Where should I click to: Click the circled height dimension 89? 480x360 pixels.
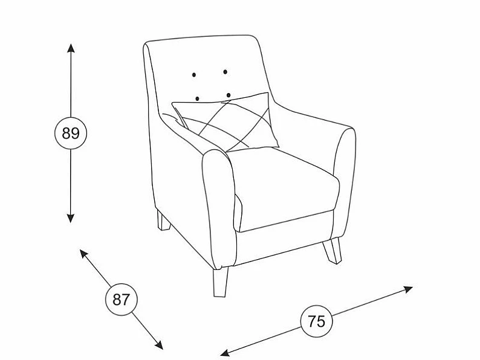(71, 133)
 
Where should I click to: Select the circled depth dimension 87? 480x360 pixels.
(122, 300)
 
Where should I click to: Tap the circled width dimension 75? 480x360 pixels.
(317, 321)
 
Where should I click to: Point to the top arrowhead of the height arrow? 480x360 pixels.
(71, 48)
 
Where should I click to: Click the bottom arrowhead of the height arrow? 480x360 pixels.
(71, 218)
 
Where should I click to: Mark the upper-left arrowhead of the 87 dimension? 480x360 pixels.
(83, 253)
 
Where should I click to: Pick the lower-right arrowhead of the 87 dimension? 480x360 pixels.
(159, 345)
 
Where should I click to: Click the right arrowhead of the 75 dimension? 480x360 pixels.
(409, 289)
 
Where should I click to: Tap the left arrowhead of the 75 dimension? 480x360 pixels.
(225, 353)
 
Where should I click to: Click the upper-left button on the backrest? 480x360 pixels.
(194, 75)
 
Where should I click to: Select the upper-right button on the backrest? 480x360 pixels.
(225, 72)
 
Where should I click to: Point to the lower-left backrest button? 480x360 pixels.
(198, 98)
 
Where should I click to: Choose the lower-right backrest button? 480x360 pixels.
(229, 95)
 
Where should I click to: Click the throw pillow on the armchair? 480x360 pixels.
(227, 123)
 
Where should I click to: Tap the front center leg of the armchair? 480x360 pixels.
(221, 282)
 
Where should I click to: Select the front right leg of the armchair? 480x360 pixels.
(332, 251)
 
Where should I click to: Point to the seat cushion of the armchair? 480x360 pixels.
(285, 190)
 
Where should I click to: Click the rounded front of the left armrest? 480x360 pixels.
(219, 208)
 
